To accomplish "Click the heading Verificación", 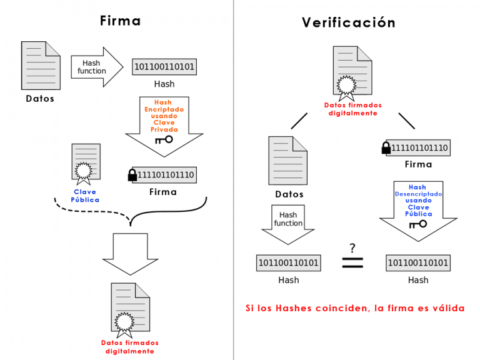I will tap(349, 22).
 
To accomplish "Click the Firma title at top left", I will tap(121, 21).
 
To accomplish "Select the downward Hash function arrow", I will tap(288, 225).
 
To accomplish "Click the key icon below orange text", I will tap(164, 140).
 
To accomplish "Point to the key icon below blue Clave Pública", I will tap(417, 228).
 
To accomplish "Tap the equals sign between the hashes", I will tap(352, 263).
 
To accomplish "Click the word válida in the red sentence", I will tap(445, 308).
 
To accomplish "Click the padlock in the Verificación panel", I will tap(386, 148).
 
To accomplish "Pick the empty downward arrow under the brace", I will tap(131, 252).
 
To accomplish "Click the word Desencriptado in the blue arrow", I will tap(418, 194).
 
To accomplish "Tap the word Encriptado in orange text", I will tap(164, 109).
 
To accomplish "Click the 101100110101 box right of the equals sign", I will tap(417, 263).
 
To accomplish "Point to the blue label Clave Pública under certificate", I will tap(86, 196).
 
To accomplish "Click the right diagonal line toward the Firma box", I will tap(407, 120).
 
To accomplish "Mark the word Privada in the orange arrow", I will tap(164, 129).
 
